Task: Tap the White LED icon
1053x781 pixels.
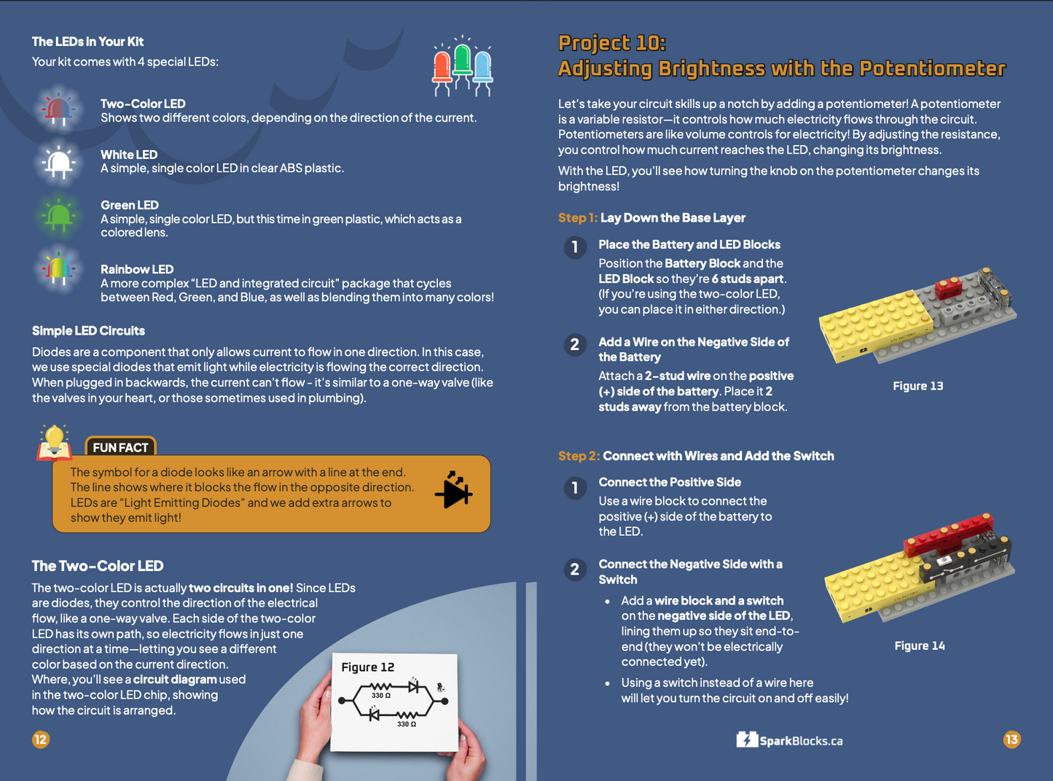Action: pos(58,161)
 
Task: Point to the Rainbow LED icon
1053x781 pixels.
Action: pos(58,270)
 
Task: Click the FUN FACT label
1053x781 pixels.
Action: pos(120,447)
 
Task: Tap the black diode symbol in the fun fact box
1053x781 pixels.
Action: pos(454,491)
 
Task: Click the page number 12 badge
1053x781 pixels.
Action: pos(40,739)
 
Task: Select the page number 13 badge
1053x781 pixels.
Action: pos(1011,739)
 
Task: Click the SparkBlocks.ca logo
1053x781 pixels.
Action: pos(789,740)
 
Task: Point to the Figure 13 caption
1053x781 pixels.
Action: pos(917,386)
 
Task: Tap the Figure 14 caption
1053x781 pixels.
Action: pos(919,645)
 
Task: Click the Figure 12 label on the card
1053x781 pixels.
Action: pos(367,667)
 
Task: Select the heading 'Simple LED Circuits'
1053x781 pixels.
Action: pos(88,330)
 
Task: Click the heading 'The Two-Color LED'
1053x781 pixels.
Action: pos(97,566)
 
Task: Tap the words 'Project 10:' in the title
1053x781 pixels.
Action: pos(611,43)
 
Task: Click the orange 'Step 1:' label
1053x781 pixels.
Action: pos(577,217)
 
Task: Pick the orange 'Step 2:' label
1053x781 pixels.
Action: pos(579,456)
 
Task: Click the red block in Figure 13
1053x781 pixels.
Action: pos(948,288)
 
